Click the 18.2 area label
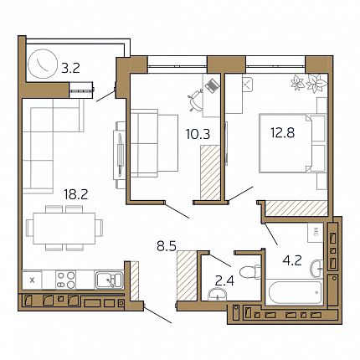[76, 194]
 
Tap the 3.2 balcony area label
[70, 68]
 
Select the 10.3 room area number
[198, 134]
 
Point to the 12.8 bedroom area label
[283, 132]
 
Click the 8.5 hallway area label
[167, 246]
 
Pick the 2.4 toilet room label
[224, 281]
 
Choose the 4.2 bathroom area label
[292, 260]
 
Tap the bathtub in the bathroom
[296, 292]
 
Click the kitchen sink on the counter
[109, 280]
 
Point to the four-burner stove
[66, 280]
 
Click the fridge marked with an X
[32, 280]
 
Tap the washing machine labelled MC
[316, 232]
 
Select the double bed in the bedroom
[293, 143]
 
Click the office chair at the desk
[196, 100]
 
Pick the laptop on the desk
[212, 85]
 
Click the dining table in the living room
[64, 229]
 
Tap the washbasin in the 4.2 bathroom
[316, 267]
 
